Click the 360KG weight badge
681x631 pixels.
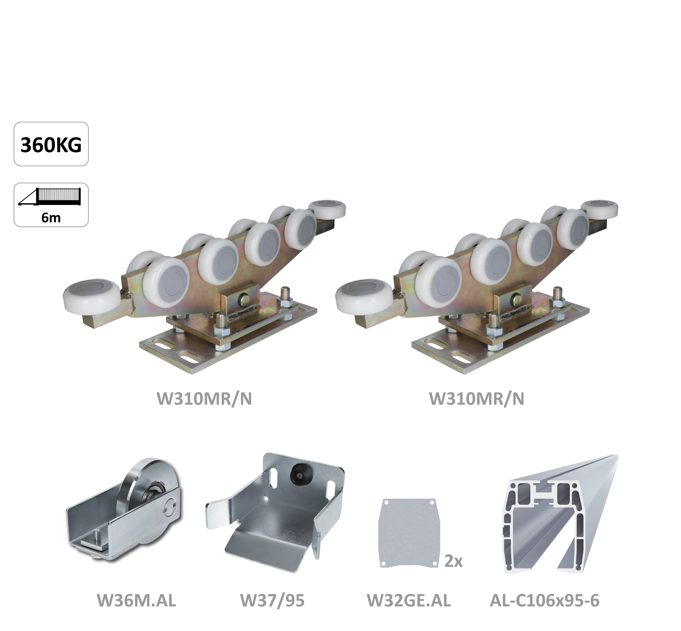tap(51, 144)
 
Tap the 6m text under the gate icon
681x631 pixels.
tap(51, 217)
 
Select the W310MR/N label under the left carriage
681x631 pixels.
tap(204, 399)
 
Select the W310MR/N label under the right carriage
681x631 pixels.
tap(476, 399)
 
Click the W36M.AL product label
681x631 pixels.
tap(137, 600)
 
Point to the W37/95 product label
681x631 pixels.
tap(272, 600)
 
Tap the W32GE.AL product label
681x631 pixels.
tap(409, 600)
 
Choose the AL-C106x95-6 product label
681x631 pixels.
tap(544, 600)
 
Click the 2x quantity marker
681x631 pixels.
tap(454, 561)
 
